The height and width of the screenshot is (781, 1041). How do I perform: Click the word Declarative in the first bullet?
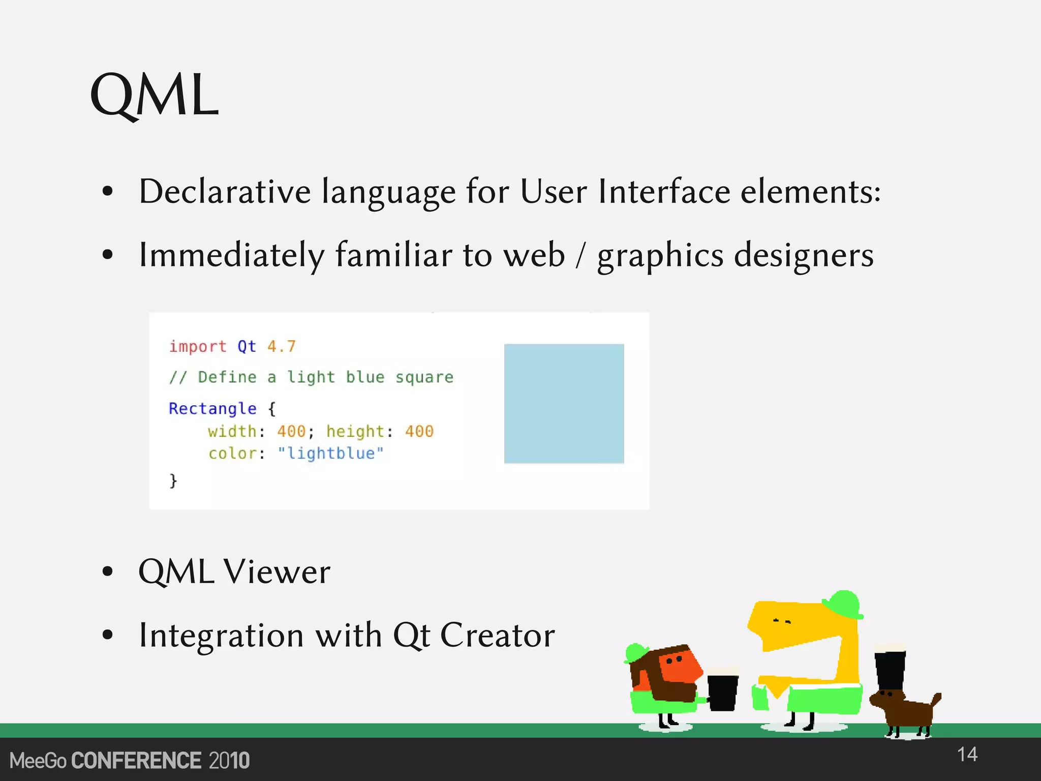tap(225, 192)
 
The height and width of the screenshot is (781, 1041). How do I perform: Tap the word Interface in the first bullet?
tap(664, 192)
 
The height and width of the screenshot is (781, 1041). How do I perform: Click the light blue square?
tap(564, 403)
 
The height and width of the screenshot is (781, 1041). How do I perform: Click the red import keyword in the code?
tap(198, 347)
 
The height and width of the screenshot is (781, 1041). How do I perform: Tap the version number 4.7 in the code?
tap(281, 347)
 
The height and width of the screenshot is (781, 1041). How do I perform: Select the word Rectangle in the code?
tap(212, 409)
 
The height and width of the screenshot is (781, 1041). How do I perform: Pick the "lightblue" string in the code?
tap(330, 453)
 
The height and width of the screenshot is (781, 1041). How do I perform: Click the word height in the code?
tap(355, 432)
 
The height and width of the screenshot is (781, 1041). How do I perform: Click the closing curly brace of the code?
tap(173, 480)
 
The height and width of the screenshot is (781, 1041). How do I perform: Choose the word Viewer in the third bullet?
tap(277, 572)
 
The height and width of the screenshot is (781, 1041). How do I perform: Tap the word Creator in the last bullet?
tap(497, 635)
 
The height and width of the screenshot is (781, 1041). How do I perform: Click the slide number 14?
tap(967, 755)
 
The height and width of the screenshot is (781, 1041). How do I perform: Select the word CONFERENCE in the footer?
tap(136, 761)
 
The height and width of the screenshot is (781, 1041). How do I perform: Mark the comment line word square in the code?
tap(424, 378)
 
